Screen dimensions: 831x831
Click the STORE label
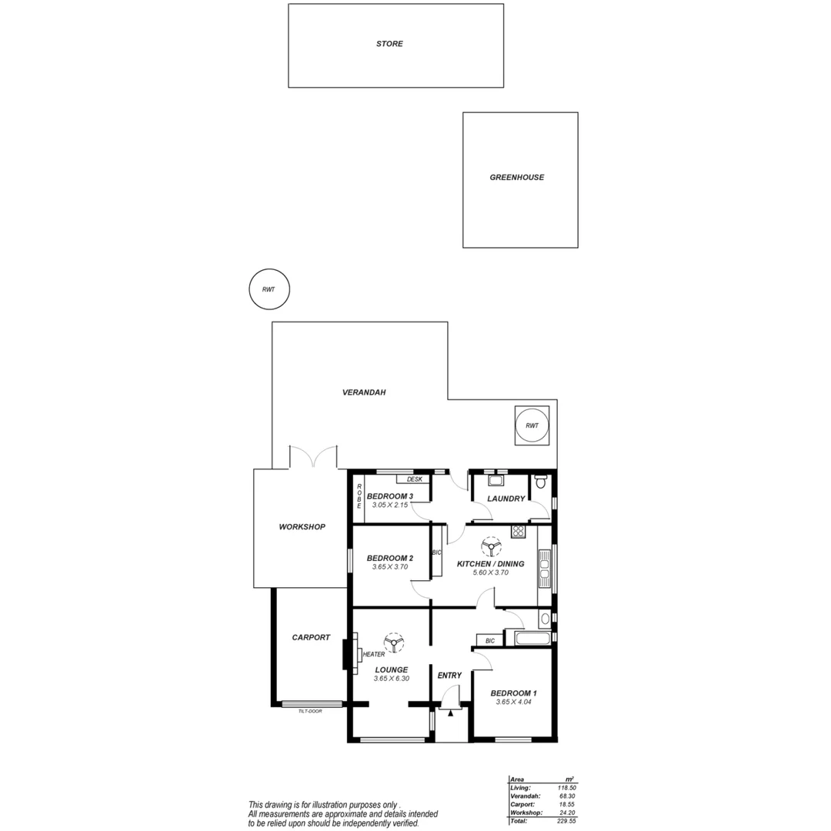pos(389,44)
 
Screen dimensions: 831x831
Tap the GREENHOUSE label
pos(516,177)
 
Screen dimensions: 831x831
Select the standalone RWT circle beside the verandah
pos(269,289)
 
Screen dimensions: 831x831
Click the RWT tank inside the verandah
pos(532,426)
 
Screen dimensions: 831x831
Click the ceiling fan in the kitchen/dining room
pos(489,547)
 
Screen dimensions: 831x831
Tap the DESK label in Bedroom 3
pos(414,479)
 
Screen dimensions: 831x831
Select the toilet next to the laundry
pos(540,483)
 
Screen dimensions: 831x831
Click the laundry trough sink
pos(496,481)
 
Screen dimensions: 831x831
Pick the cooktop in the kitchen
pos(517,531)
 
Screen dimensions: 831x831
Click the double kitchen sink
pos(545,568)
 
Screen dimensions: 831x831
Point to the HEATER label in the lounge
pos(374,654)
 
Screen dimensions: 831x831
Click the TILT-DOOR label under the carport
pos(310,711)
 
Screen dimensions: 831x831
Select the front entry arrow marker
pos(450,713)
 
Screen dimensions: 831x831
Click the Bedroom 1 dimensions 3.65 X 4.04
pos(513,702)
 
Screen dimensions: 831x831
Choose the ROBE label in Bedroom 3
pos(359,496)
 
